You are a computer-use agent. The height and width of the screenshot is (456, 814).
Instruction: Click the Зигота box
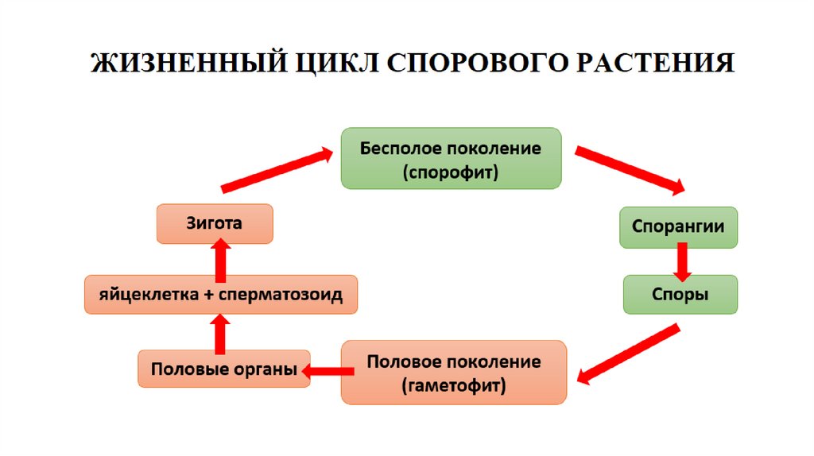(214, 224)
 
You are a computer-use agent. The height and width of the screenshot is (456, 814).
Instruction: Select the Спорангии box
(678, 226)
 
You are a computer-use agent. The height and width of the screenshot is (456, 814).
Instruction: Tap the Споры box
(680, 294)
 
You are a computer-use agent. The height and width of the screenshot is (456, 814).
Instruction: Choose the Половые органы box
(224, 369)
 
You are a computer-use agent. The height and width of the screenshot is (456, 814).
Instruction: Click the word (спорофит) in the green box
(451, 172)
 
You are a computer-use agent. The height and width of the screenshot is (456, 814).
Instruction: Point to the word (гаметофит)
(454, 387)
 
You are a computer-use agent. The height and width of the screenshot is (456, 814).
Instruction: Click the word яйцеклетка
(148, 296)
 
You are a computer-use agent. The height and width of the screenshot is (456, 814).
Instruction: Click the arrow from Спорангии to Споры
(681, 261)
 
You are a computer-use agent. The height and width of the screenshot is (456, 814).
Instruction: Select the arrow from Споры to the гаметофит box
(628, 354)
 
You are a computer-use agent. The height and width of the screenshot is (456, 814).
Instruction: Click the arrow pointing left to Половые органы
(328, 370)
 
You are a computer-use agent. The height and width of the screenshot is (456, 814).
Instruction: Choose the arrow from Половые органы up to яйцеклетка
(220, 333)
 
